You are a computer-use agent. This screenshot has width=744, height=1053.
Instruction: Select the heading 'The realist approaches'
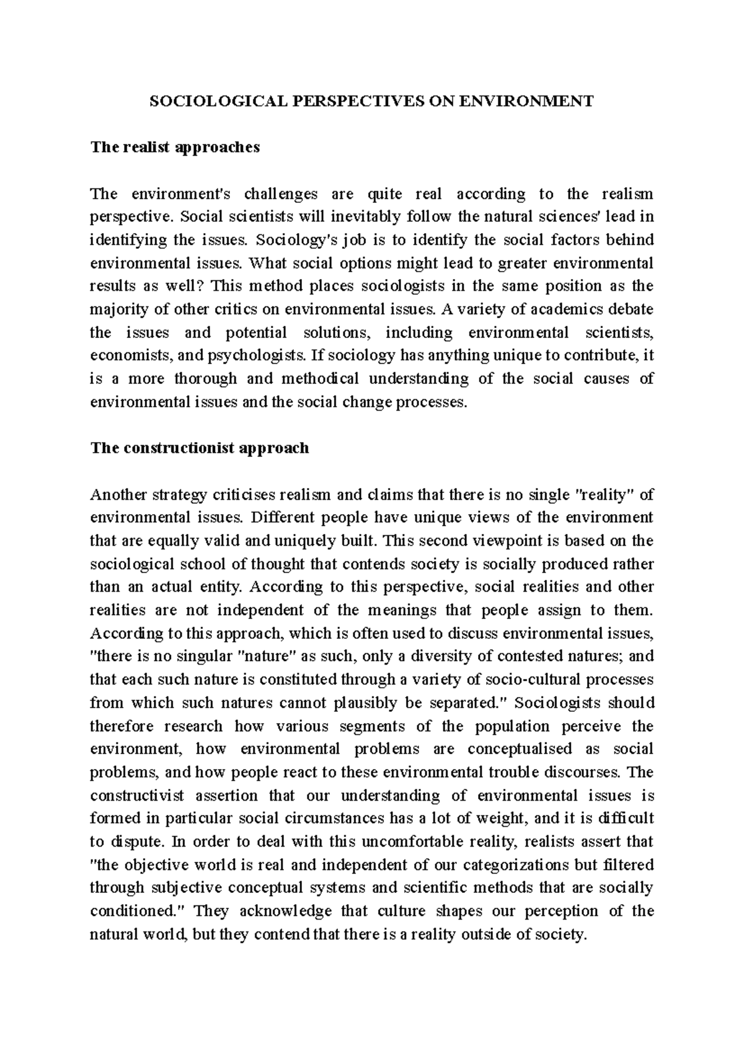pos(175,148)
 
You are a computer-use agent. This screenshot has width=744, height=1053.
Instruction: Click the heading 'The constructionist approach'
pos(199,448)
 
